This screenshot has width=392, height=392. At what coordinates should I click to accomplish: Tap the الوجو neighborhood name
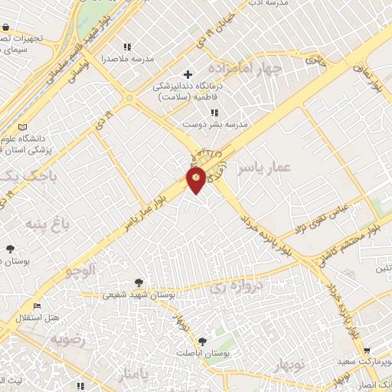coord(80,269)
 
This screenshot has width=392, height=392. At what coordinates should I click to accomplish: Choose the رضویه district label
coord(70,338)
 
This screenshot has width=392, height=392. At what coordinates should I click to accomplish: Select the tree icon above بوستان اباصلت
coord(202,341)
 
